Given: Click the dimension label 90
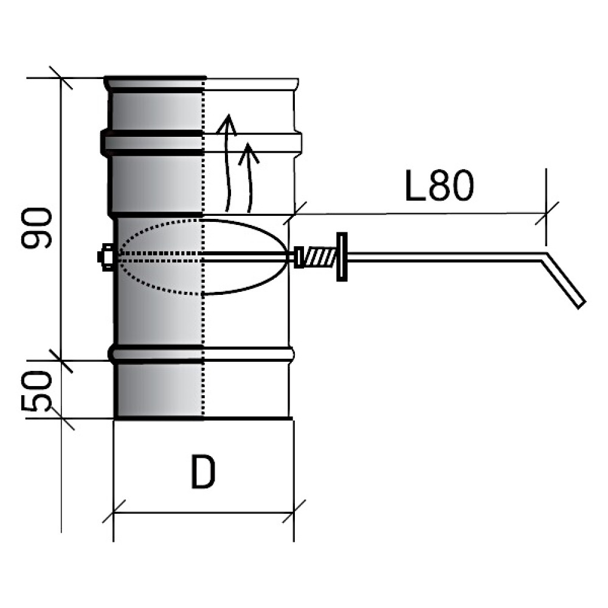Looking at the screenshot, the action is (x=36, y=228).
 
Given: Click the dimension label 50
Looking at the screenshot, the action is (x=36, y=391).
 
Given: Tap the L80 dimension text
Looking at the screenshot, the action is (x=439, y=185).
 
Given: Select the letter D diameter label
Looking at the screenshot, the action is (x=203, y=472).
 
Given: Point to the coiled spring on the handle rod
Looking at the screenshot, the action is (x=320, y=257).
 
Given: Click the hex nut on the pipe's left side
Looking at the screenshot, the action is (x=105, y=257).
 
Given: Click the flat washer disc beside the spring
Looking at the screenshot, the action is (x=342, y=257).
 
